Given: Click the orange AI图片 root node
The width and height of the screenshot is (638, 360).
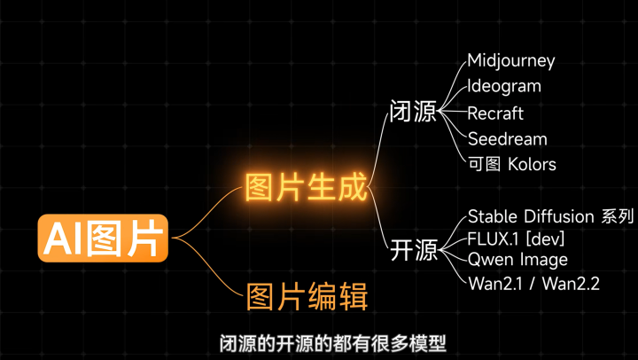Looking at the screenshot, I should pyautogui.click(x=102, y=238).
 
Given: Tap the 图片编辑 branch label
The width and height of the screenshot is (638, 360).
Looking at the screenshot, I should pyautogui.click(x=307, y=295).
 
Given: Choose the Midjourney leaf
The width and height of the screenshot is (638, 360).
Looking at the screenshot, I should pyautogui.click(x=511, y=61).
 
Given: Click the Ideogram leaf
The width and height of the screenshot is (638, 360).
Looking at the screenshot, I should pyautogui.click(x=504, y=87).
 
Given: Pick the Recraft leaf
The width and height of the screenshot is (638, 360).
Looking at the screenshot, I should pyautogui.click(x=495, y=113).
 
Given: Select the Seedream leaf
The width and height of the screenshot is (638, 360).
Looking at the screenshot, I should pyautogui.click(x=508, y=138).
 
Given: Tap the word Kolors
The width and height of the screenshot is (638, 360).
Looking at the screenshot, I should pyautogui.click(x=532, y=164).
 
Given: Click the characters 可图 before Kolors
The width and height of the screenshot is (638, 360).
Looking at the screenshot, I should pyautogui.click(x=484, y=164).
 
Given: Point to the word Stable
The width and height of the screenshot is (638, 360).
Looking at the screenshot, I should pyautogui.click(x=491, y=216).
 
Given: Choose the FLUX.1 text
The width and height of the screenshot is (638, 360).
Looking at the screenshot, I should pyautogui.click(x=493, y=238).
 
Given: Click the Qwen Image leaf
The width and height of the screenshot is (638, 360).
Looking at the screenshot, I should pyautogui.click(x=517, y=260).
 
